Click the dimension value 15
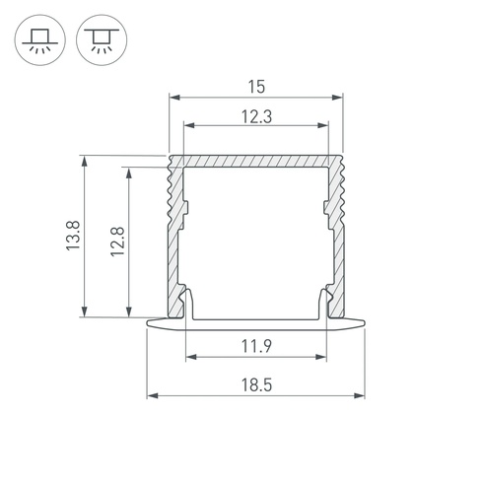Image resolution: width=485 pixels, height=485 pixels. pos(256,87)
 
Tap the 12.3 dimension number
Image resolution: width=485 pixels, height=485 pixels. pos(256,117)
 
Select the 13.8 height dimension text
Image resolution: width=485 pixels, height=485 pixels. pos(73,236)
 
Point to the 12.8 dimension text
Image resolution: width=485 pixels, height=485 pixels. pos(118,242)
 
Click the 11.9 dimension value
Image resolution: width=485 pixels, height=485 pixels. pos(256,346)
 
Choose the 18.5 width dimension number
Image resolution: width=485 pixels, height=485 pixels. pos(256,385)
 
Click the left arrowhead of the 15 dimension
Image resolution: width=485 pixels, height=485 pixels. pos(174,98)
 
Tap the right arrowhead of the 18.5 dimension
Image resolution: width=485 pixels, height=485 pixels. pos(360,395)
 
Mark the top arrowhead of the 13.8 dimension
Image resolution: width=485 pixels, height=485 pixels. pos(85,162)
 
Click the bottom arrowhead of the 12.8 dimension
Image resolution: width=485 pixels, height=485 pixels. pos(129,312)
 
